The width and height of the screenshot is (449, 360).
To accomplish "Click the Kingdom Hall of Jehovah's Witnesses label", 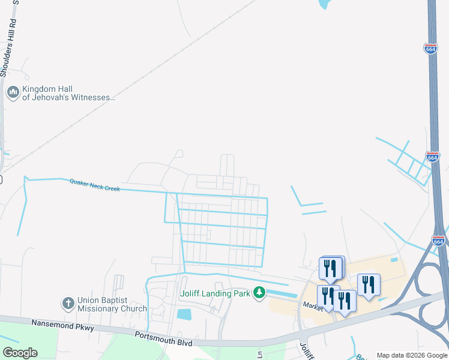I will pyautogui.click(x=67, y=93).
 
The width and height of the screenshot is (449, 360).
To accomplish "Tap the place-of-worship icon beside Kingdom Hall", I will pyautogui.click(x=13, y=93).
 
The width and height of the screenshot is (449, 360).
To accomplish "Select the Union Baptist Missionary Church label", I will pyautogui.click(x=112, y=304).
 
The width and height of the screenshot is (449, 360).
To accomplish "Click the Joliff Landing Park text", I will pyautogui.click(x=215, y=293).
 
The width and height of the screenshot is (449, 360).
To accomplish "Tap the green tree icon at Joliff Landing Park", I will pyautogui.click(x=259, y=293).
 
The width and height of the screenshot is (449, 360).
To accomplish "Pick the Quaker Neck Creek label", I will pyautogui.click(x=95, y=185).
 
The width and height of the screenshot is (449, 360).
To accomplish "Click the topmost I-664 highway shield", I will pyautogui.click(x=430, y=49).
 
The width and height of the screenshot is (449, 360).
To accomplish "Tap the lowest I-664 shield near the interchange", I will pyautogui.click(x=439, y=241).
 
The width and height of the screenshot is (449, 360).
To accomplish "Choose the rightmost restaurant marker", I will pyautogui.click(x=369, y=284).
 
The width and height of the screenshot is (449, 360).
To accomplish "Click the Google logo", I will pyautogui.click(x=20, y=352).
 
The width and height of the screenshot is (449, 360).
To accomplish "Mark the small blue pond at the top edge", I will pyautogui.click(x=324, y=4).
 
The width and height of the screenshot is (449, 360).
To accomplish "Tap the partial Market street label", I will pyautogui.click(x=313, y=305).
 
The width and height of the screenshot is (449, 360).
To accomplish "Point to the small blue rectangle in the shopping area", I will pyautogui.click(x=394, y=260).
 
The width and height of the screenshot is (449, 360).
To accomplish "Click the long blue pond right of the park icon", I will pyautogui.click(x=282, y=294).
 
